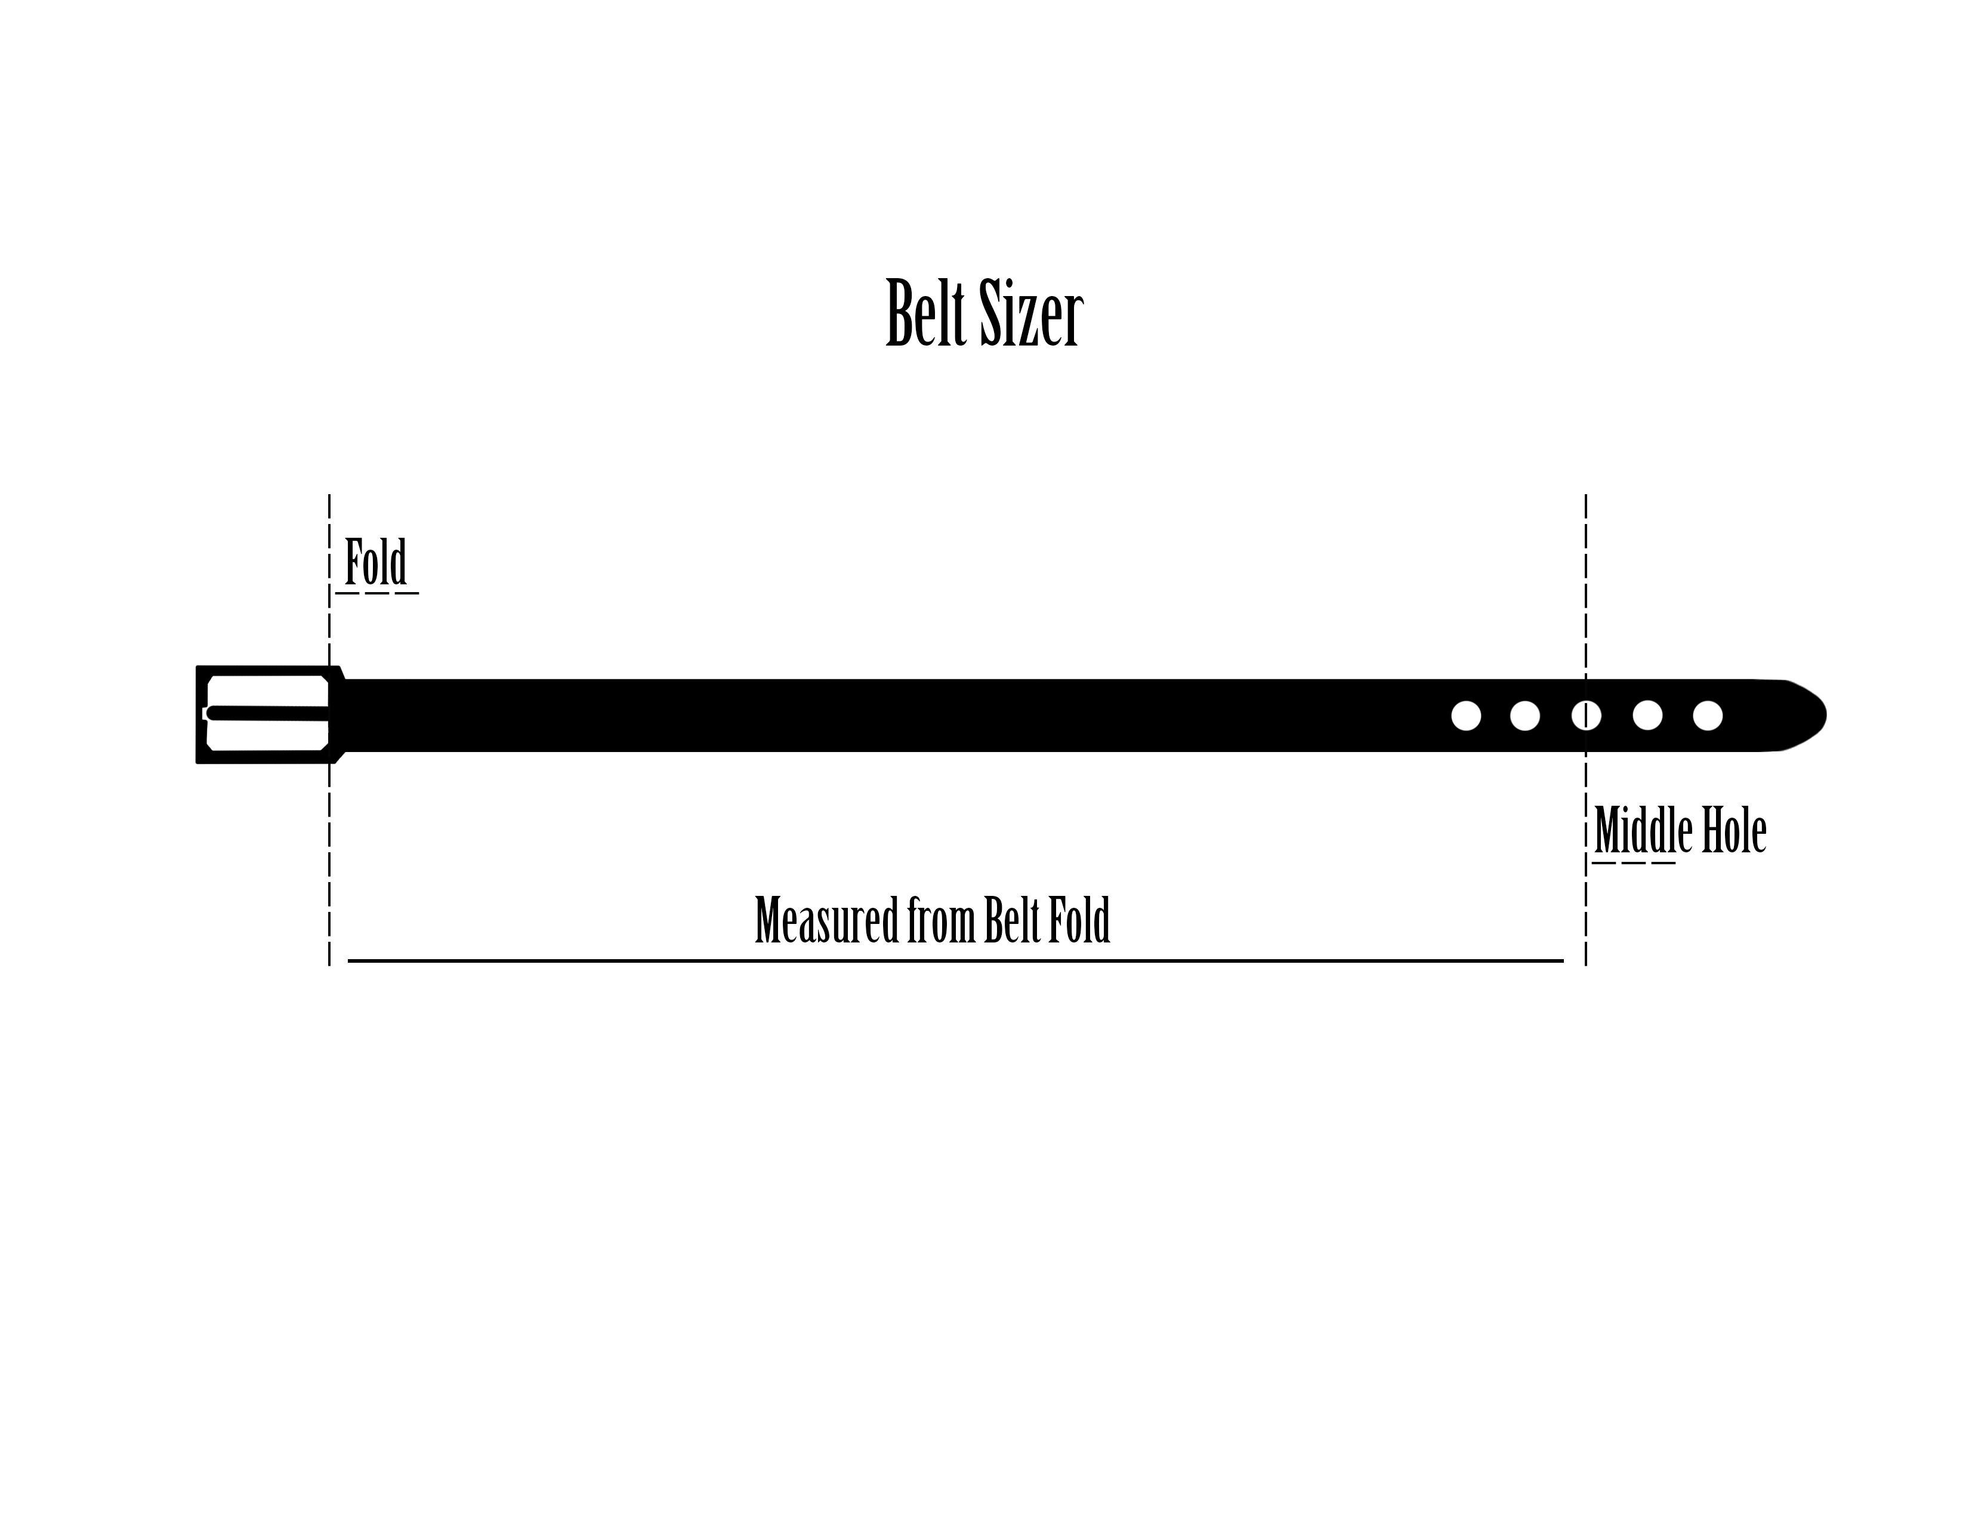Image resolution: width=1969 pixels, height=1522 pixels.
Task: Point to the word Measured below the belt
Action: pyautogui.click(x=826, y=920)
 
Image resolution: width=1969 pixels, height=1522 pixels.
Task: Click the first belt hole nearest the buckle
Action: pyautogui.click(x=1466, y=716)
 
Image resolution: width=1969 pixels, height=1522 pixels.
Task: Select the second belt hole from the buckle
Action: pyautogui.click(x=1524, y=716)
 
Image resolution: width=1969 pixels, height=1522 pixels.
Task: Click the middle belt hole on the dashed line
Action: pyautogui.click(x=1586, y=716)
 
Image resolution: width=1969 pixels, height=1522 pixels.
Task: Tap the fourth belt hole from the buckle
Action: pyautogui.click(x=1647, y=716)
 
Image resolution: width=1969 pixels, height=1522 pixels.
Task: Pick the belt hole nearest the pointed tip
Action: pyautogui.click(x=1708, y=716)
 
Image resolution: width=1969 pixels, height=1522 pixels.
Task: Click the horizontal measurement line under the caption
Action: pyautogui.click(x=956, y=961)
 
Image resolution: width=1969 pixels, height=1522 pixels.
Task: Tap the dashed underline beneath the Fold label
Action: pyautogui.click(x=377, y=593)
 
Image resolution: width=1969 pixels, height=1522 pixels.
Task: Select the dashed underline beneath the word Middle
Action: pyautogui.click(x=1634, y=864)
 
